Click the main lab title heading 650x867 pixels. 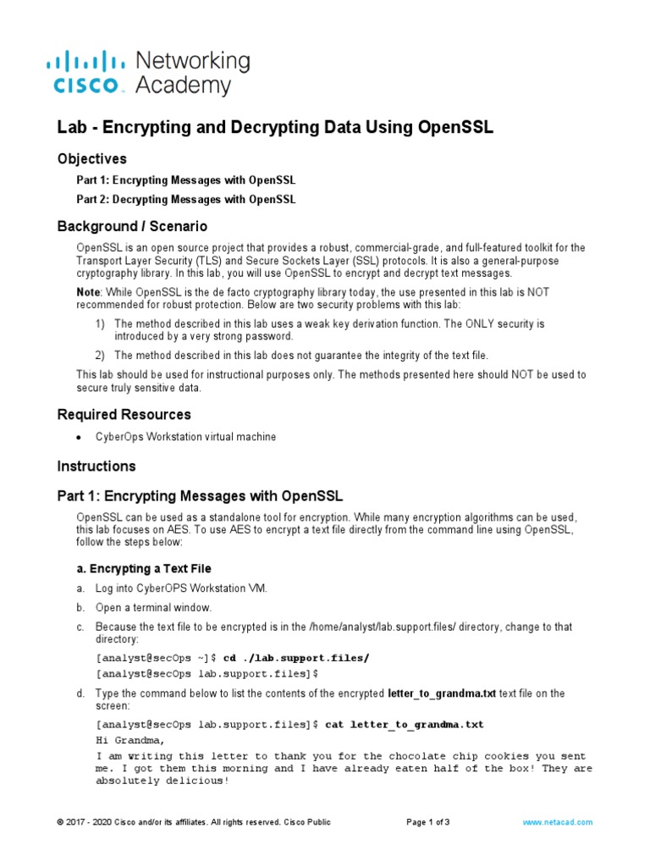coord(275,128)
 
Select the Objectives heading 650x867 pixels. coord(91,158)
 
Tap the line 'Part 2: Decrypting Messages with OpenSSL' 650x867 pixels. coord(186,200)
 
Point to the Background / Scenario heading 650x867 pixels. coord(131,227)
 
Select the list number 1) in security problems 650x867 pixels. coord(100,324)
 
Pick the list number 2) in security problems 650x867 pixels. coord(100,355)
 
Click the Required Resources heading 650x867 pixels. coord(124,415)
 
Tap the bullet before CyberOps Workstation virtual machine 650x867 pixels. coord(79,438)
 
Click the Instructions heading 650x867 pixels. coord(96,467)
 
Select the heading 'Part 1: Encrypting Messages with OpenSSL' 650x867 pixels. coord(200,495)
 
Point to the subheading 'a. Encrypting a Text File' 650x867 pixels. coord(144,569)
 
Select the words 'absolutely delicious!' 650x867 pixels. coord(162,781)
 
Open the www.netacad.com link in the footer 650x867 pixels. coord(557,822)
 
